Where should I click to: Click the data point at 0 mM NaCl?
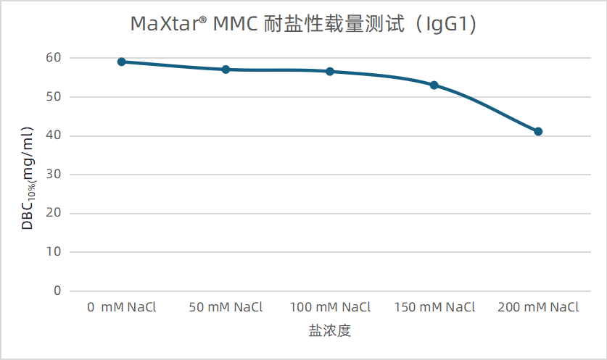(122, 62)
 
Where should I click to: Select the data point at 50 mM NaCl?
(226, 70)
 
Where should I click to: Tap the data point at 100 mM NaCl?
(330, 71)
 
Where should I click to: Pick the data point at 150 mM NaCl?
(434, 85)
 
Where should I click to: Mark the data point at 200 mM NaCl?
(538, 131)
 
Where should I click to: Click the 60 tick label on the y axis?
(54, 58)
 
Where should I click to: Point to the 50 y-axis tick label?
(54, 96)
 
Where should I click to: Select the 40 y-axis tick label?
(54, 135)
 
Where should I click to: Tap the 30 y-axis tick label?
(54, 175)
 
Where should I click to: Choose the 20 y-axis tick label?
(54, 213)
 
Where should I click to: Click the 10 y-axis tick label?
(54, 252)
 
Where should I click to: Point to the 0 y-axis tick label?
(57, 290)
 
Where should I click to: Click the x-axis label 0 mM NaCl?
(122, 307)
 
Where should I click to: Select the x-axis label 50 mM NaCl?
(226, 307)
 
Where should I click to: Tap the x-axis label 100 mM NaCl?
(330, 307)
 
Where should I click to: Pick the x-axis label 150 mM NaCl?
(434, 307)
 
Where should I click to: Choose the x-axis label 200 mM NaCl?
(538, 307)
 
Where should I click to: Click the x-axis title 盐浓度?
(330, 331)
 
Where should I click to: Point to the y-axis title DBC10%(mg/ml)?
(28, 178)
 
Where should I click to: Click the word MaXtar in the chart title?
(164, 25)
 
